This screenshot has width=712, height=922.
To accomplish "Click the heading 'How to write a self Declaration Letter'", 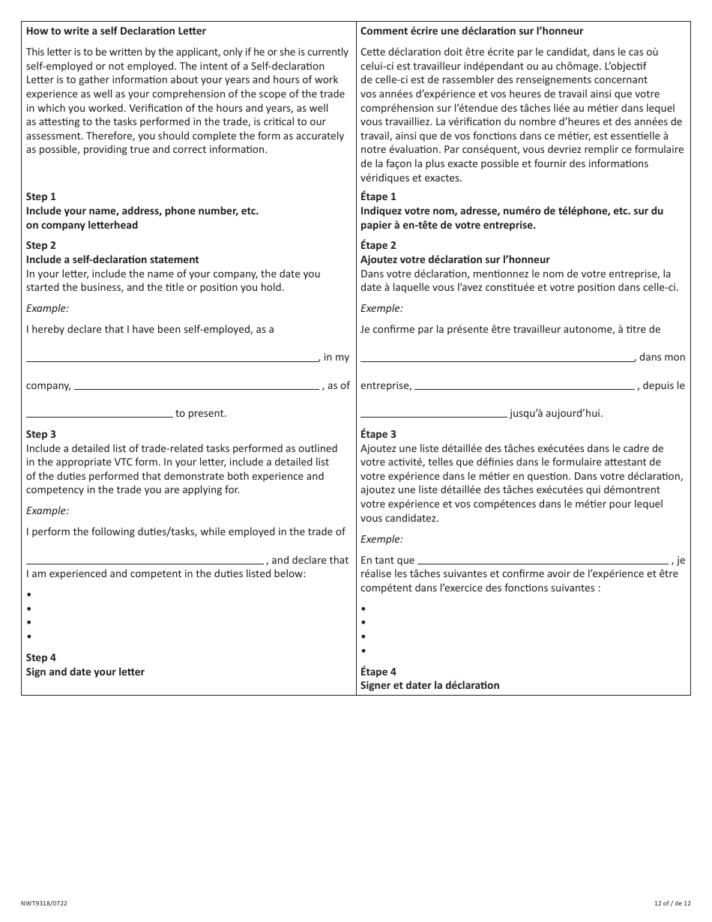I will [x=115, y=31].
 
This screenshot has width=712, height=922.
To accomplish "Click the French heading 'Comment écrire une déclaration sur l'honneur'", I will [x=471, y=31].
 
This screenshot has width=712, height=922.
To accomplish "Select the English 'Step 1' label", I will [x=41, y=197].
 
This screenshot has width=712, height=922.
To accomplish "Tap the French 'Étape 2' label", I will [x=378, y=245].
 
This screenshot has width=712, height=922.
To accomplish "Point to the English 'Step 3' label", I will [x=41, y=434].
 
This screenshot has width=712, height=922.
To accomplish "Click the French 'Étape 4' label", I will [x=378, y=672].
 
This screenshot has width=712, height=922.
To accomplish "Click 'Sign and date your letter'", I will [x=85, y=672].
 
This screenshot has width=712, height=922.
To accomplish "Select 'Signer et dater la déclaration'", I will [x=429, y=685].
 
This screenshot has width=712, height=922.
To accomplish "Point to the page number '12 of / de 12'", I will [x=672, y=903].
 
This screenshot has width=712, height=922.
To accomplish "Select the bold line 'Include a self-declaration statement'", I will [x=112, y=259].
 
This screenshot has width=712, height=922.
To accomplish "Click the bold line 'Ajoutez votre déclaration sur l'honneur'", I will [x=455, y=259].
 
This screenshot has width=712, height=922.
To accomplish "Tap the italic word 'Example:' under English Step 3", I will [x=47, y=510].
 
